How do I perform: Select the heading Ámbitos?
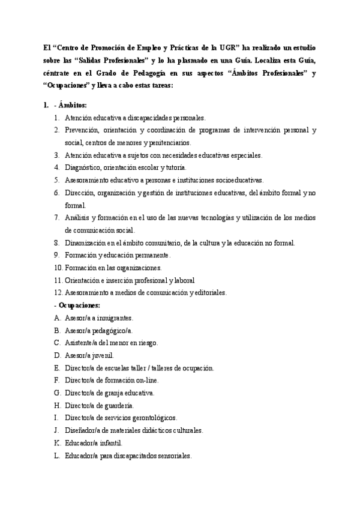pyautogui.click(x=73, y=105)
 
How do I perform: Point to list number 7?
pyautogui.click(x=56, y=217)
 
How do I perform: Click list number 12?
pyautogui.click(x=58, y=292)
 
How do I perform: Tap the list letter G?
pyautogui.click(x=56, y=393)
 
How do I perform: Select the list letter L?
pyautogui.click(x=56, y=456)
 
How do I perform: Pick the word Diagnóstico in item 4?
pyautogui.click(x=81, y=167)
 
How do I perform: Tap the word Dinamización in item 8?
pyautogui.click(x=85, y=242)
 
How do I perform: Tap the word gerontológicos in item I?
pyautogui.click(x=155, y=418)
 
